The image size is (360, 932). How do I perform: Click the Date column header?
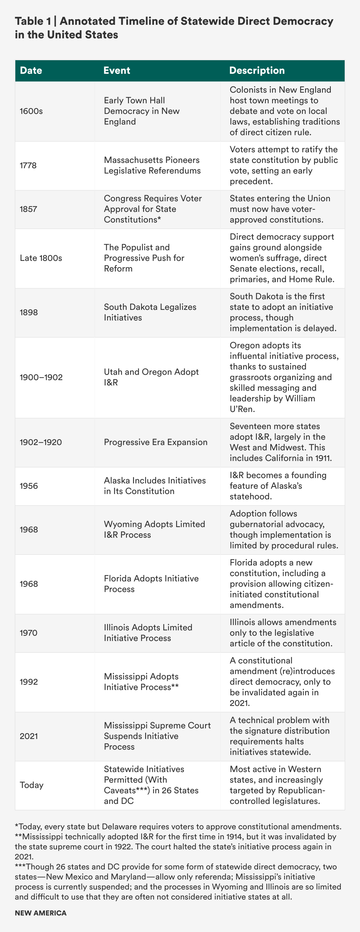click(x=31, y=71)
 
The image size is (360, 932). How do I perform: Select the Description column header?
click(x=257, y=71)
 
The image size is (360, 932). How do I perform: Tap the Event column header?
click(x=117, y=71)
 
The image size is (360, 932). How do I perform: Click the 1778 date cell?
click(x=28, y=166)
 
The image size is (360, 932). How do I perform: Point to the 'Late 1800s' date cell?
click(x=41, y=258)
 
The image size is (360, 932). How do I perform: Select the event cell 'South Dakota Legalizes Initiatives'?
click(x=150, y=312)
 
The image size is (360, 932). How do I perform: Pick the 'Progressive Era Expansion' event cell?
click(x=156, y=442)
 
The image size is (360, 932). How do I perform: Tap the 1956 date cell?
click(x=29, y=486)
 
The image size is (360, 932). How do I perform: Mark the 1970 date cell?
click(x=29, y=633)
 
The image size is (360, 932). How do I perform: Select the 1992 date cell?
click(x=29, y=682)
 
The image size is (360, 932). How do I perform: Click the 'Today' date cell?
click(x=32, y=785)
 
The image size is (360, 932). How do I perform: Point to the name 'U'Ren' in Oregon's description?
click(x=241, y=409)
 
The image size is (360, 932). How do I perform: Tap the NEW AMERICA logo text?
click(x=40, y=913)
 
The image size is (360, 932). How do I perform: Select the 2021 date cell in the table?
click(x=29, y=736)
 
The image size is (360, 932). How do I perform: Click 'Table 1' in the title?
click(x=32, y=21)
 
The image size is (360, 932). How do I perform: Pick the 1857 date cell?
click(x=28, y=209)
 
